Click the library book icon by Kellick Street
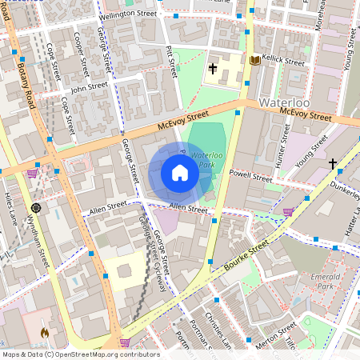point(254,60)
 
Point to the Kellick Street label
point(284,62)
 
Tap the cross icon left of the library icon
point(213,69)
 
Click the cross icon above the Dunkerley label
point(332,164)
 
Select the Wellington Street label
point(129,14)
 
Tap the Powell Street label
point(250,174)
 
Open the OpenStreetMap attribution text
point(81,354)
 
